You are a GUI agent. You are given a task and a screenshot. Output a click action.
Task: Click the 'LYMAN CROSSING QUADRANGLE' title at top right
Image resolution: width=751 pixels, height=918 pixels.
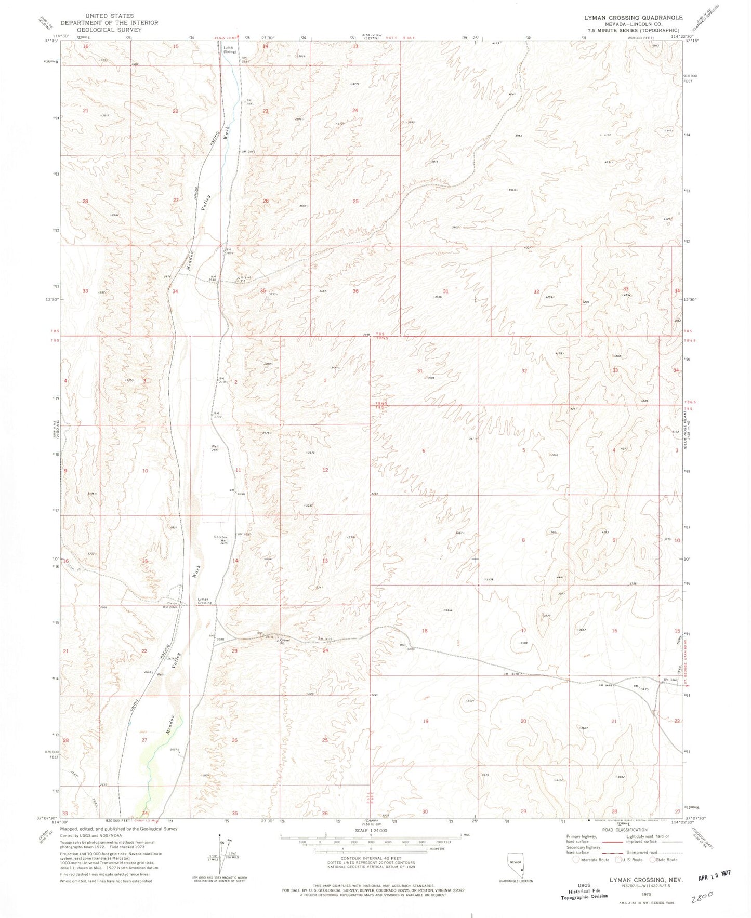point(633,18)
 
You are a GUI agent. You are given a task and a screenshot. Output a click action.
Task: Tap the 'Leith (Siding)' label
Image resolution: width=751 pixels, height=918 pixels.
point(229,50)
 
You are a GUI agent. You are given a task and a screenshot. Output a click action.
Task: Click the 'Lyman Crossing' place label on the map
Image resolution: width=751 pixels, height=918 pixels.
point(204,601)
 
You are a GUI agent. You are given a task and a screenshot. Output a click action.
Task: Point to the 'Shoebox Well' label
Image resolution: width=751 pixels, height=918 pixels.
point(220,539)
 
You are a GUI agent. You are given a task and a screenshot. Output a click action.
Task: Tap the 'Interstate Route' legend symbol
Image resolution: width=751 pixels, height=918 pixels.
point(576,860)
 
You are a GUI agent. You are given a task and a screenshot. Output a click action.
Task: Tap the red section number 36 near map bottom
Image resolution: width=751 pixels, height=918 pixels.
point(325,813)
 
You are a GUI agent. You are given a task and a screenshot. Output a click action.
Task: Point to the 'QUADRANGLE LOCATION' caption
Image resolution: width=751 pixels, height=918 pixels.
point(516,881)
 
